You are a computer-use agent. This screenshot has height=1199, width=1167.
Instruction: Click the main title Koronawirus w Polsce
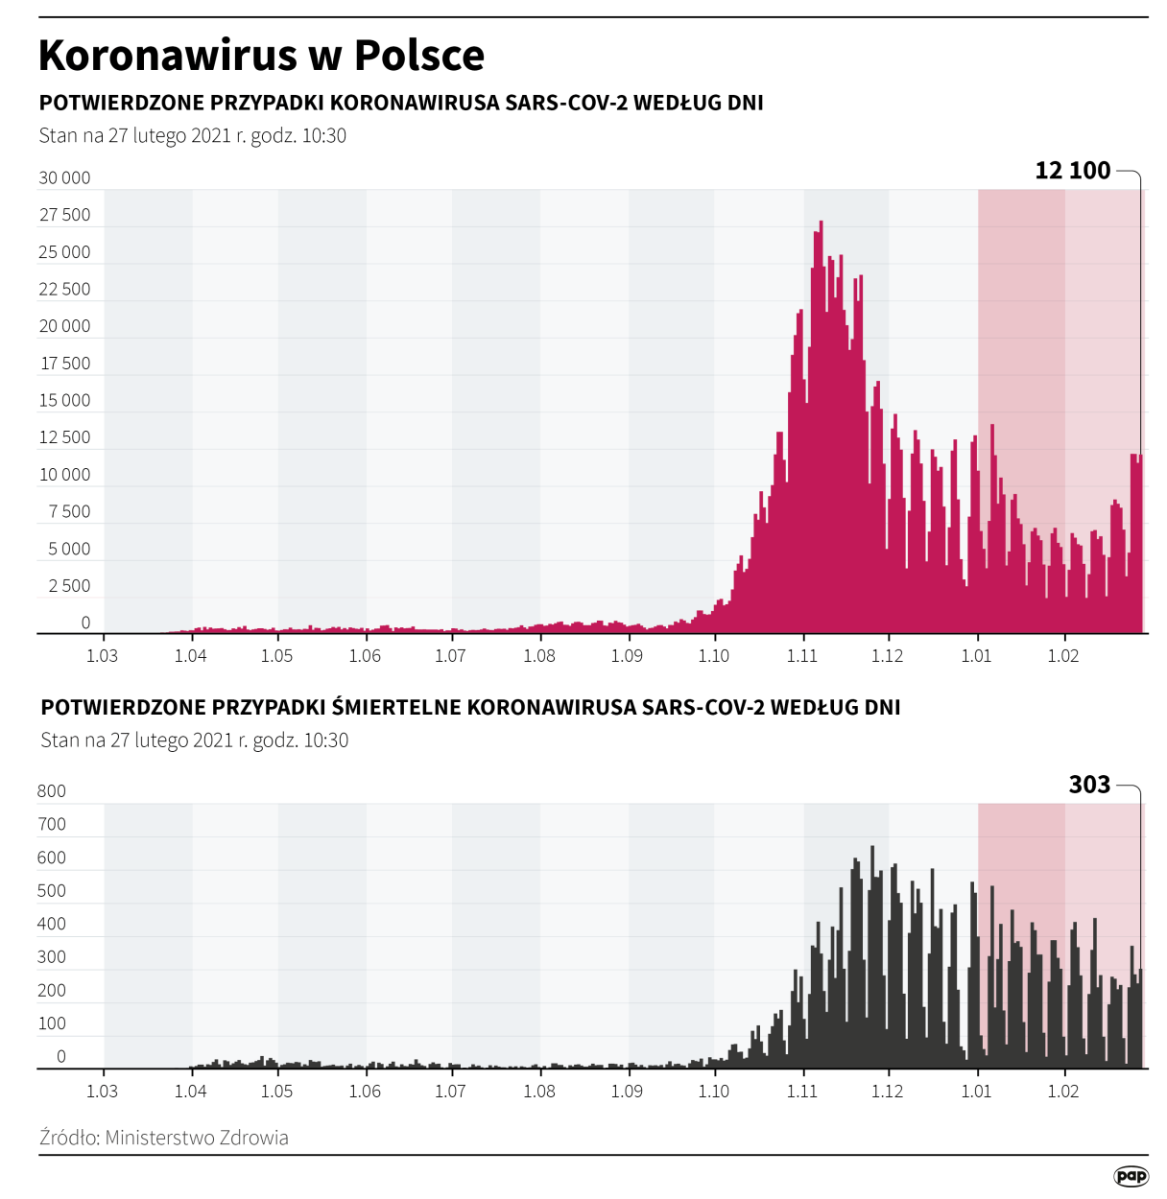pyautogui.click(x=261, y=55)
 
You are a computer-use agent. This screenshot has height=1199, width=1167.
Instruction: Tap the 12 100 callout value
pyautogui.click(x=1072, y=171)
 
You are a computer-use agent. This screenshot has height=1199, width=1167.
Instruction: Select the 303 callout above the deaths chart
pyautogui.click(x=1089, y=785)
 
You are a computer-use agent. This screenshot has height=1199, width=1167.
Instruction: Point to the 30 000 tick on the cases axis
pyautogui.click(x=64, y=178)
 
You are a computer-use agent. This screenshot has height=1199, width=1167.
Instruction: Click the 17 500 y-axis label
pyautogui.click(x=64, y=364)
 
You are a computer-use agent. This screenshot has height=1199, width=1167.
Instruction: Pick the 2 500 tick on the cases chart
pyautogui.click(x=69, y=586)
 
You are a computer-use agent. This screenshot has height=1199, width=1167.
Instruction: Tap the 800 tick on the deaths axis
pyautogui.click(x=52, y=791)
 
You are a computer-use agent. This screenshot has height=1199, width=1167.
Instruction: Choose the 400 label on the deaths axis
pyautogui.click(x=52, y=924)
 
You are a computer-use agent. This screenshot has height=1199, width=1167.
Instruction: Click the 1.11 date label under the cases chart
pyautogui.click(x=802, y=656)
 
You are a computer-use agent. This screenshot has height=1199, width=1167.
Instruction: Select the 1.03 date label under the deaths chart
pyautogui.click(x=102, y=1091)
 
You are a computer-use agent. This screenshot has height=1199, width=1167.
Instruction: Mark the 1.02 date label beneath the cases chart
pyautogui.click(x=1063, y=656)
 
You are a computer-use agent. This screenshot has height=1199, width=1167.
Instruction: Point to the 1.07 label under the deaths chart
pyautogui.click(x=450, y=1091)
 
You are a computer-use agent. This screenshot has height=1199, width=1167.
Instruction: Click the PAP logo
pyautogui.click(x=1131, y=1176)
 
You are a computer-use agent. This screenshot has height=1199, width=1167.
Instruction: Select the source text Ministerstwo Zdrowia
pyautogui.click(x=197, y=1138)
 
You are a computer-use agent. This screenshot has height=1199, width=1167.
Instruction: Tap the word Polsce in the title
pyautogui.click(x=419, y=55)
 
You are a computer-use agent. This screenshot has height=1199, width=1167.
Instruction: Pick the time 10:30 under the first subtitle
pyautogui.click(x=323, y=136)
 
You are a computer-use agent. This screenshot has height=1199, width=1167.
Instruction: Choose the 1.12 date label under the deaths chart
pyautogui.click(x=888, y=1091)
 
